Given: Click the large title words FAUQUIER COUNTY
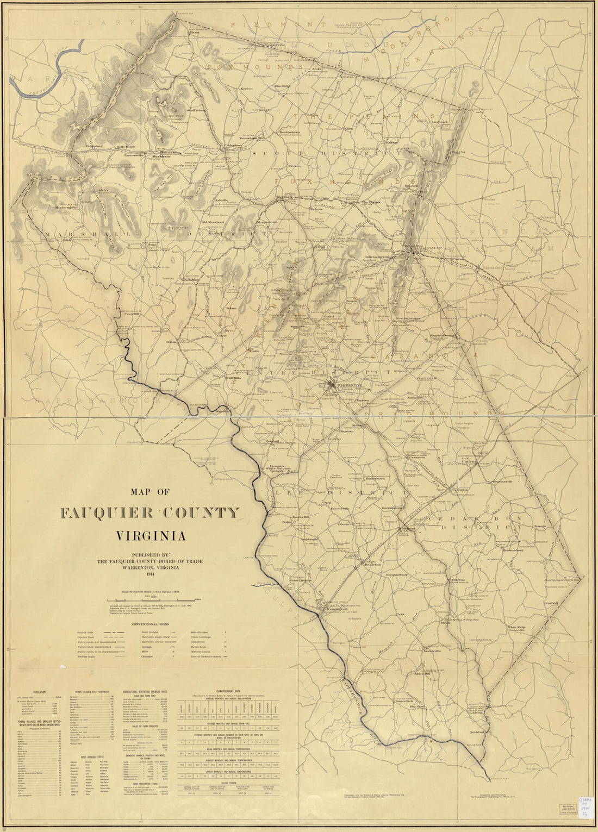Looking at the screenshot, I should click(149, 513).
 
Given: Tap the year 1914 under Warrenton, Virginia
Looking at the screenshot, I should click(149, 574).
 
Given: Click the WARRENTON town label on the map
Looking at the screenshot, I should click(350, 385).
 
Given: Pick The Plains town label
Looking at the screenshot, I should click(372, 202).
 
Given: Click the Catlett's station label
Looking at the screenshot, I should click(469, 462).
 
